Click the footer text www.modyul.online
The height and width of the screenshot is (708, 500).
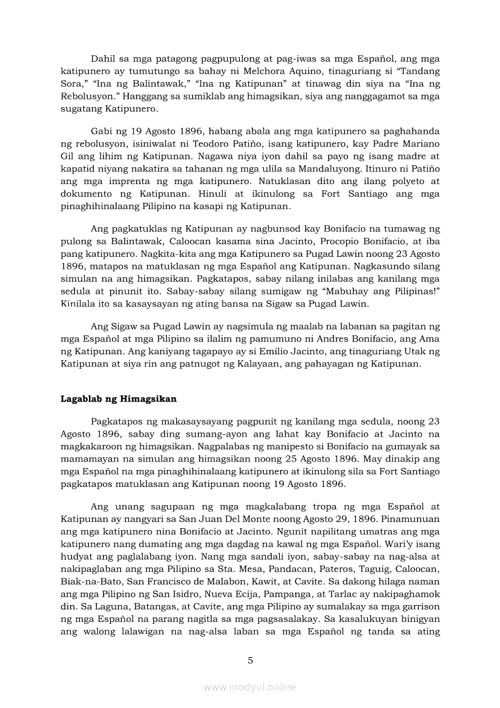coord(250,687)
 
